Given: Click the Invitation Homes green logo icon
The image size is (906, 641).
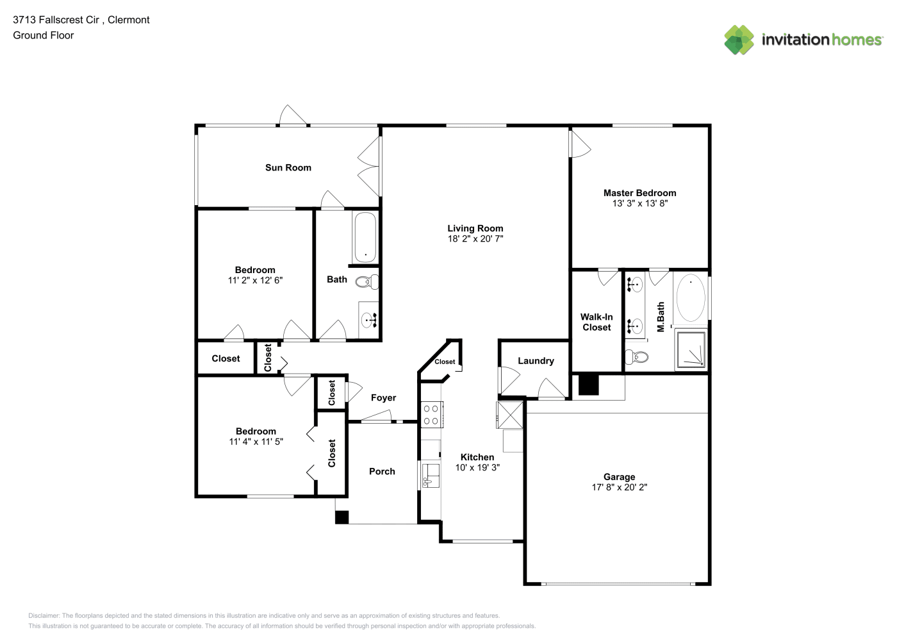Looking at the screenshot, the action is [x=739, y=40].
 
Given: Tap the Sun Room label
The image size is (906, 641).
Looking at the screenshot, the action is [x=288, y=167].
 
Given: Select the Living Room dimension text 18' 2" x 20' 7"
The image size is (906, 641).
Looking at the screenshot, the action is [x=475, y=238].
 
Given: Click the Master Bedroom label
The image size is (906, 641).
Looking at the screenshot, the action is [x=639, y=193].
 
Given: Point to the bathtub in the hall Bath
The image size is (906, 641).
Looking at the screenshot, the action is [x=365, y=237].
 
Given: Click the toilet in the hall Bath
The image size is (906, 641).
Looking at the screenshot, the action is [x=367, y=281].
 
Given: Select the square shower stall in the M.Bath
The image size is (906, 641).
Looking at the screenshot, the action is [x=691, y=349].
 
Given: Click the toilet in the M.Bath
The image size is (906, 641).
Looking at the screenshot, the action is [x=637, y=357].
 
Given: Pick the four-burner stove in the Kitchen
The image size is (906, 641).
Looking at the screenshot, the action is [x=432, y=414].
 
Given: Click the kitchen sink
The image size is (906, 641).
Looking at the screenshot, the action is [x=431, y=476].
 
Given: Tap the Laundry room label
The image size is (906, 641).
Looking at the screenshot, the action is [x=536, y=360].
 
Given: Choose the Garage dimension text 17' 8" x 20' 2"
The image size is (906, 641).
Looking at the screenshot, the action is [x=619, y=487].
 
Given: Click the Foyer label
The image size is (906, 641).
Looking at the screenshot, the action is [x=383, y=398].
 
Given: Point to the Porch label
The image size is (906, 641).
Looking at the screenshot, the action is [x=382, y=471].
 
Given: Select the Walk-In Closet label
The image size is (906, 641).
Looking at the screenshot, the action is [x=597, y=322].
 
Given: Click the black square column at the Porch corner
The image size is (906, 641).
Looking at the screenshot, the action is [x=342, y=517].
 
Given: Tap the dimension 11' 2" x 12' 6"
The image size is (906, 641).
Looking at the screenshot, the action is [x=255, y=280].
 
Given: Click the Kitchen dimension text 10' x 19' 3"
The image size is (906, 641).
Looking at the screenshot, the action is [x=477, y=467].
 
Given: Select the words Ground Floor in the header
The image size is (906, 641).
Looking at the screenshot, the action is [x=44, y=35].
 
